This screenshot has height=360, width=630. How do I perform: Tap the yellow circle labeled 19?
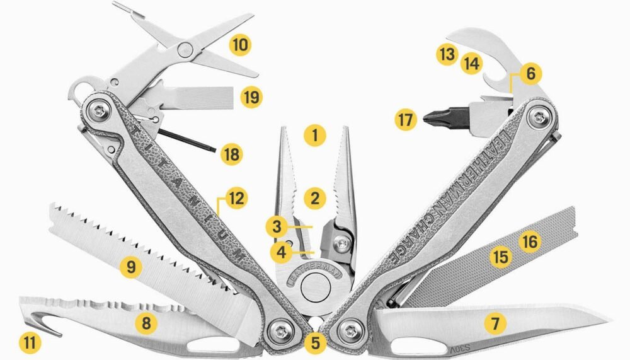252,97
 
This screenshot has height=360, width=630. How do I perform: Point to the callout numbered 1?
314,134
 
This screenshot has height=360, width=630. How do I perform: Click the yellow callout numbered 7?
495,323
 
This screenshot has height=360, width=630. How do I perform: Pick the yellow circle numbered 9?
130,267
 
